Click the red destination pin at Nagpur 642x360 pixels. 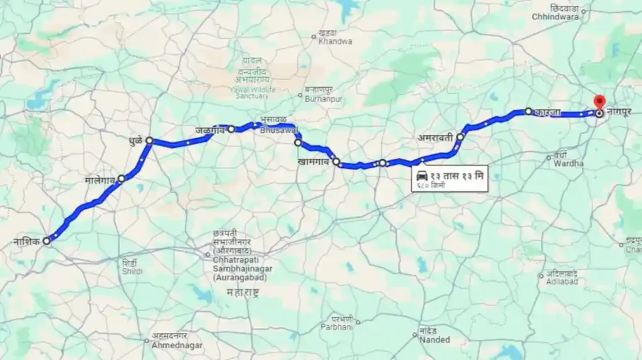599,102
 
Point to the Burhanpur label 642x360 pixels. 323,95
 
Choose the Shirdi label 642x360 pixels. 132,267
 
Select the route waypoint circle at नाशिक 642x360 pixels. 46,241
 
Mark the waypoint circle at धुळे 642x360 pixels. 149,140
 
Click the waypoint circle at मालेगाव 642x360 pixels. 121,178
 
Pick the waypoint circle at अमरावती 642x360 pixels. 460,137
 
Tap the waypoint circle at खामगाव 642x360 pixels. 336,162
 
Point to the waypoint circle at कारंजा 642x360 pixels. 529,111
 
